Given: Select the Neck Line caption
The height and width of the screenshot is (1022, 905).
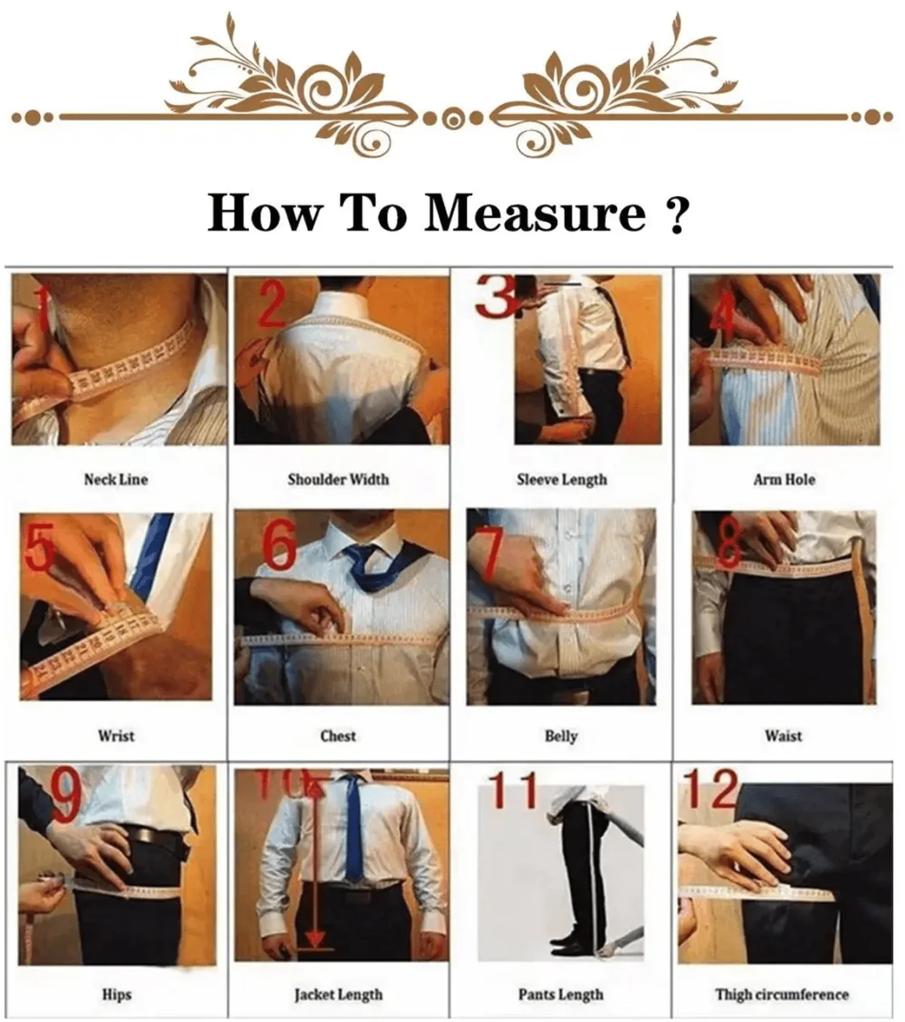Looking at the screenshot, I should pyautogui.click(x=116, y=479).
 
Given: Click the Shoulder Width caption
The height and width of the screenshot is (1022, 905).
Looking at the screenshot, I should pyautogui.click(x=338, y=479).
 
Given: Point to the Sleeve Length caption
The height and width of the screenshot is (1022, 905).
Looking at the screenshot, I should pyautogui.click(x=562, y=479).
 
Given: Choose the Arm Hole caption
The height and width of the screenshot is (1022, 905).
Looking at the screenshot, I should pyautogui.click(x=784, y=479).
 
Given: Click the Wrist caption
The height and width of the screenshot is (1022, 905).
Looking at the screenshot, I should pyautogui.click(x=116, y=736).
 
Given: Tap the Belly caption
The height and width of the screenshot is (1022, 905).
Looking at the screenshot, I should pyautogui.click(x=561, y=736).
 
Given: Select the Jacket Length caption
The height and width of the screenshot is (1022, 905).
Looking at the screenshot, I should pyautogui.click(x=338, y=994).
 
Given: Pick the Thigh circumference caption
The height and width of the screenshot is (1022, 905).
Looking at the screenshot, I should pyautogui.click(x=782, y=994).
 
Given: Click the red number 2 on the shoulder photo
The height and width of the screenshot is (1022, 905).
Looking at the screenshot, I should pyautogui.click(x=271, y=307).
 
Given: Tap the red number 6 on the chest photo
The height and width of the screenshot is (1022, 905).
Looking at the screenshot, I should pyautogui.click(x=280, y=545).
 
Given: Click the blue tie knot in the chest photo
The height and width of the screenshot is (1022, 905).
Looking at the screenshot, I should pyautogui.click(x=363, y=558).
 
